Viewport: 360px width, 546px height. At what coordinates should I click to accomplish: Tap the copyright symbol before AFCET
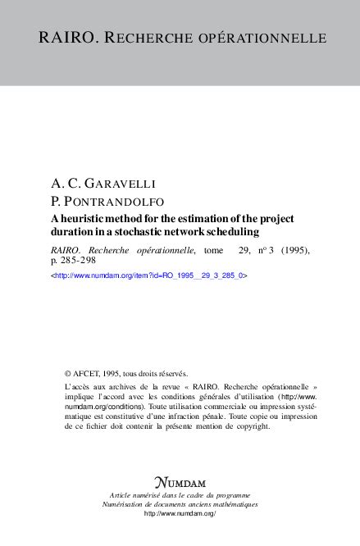pyautogui.click(x=67, y=371)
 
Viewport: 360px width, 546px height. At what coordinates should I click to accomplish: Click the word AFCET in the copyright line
pyautogui.click(x=87, y=371)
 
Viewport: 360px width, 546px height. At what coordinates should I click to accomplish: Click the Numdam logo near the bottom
pyautogui.click(x=179, y=481)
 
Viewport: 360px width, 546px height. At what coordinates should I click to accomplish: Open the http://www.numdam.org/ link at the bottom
pyautogui.click(x=180, y=513)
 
